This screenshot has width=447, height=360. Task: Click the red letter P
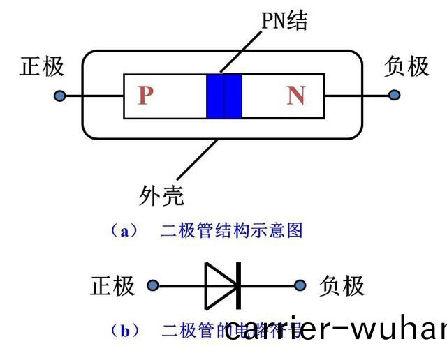[145, 95]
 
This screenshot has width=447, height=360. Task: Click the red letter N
[296, 95]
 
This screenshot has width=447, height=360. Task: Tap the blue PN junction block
[224, 96]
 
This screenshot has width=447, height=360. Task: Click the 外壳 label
[161, 195]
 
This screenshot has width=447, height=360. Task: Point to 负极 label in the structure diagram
[406, 66]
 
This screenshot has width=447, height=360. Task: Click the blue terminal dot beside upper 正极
[61, 95]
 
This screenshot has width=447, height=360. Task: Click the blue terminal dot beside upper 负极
[395, 95]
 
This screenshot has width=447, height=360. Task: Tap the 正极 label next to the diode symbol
[112, 285]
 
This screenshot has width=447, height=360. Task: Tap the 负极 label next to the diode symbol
[342, 285]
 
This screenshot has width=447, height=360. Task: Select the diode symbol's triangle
[221, 285]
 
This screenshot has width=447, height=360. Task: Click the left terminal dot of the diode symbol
[153, 285]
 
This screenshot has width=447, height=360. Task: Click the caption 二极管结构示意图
[231, 231]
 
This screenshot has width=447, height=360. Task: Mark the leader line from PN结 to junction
[242, 50]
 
